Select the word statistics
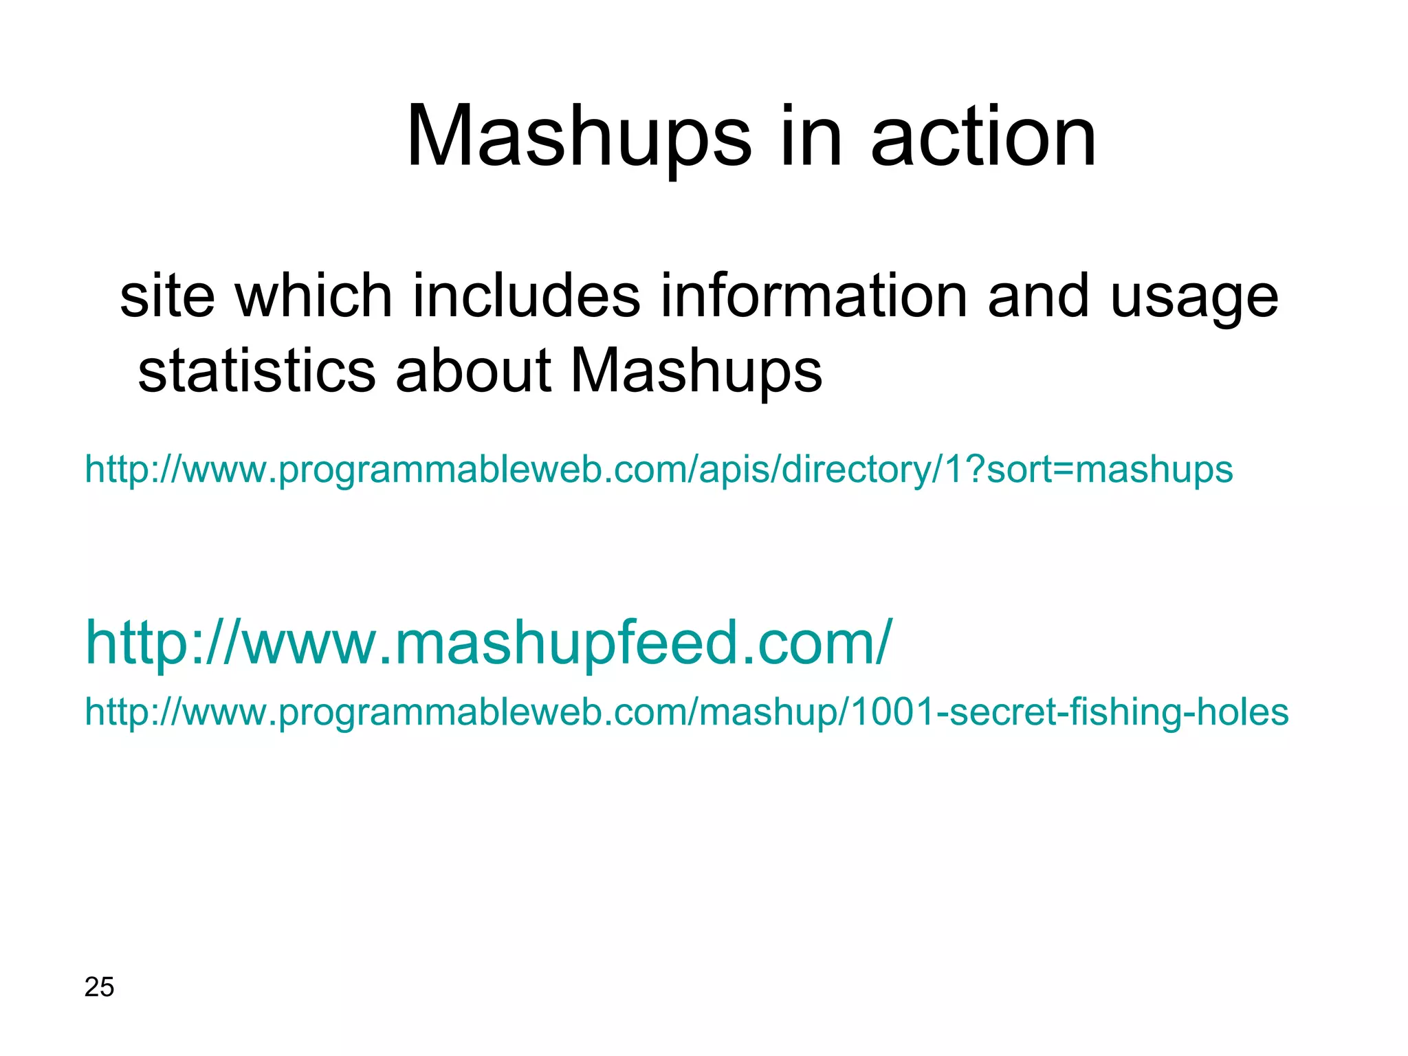256,371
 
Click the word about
474,371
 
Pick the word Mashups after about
696,371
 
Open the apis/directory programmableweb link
659,470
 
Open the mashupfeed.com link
488,643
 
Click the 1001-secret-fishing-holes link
686,712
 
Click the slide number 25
99,987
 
